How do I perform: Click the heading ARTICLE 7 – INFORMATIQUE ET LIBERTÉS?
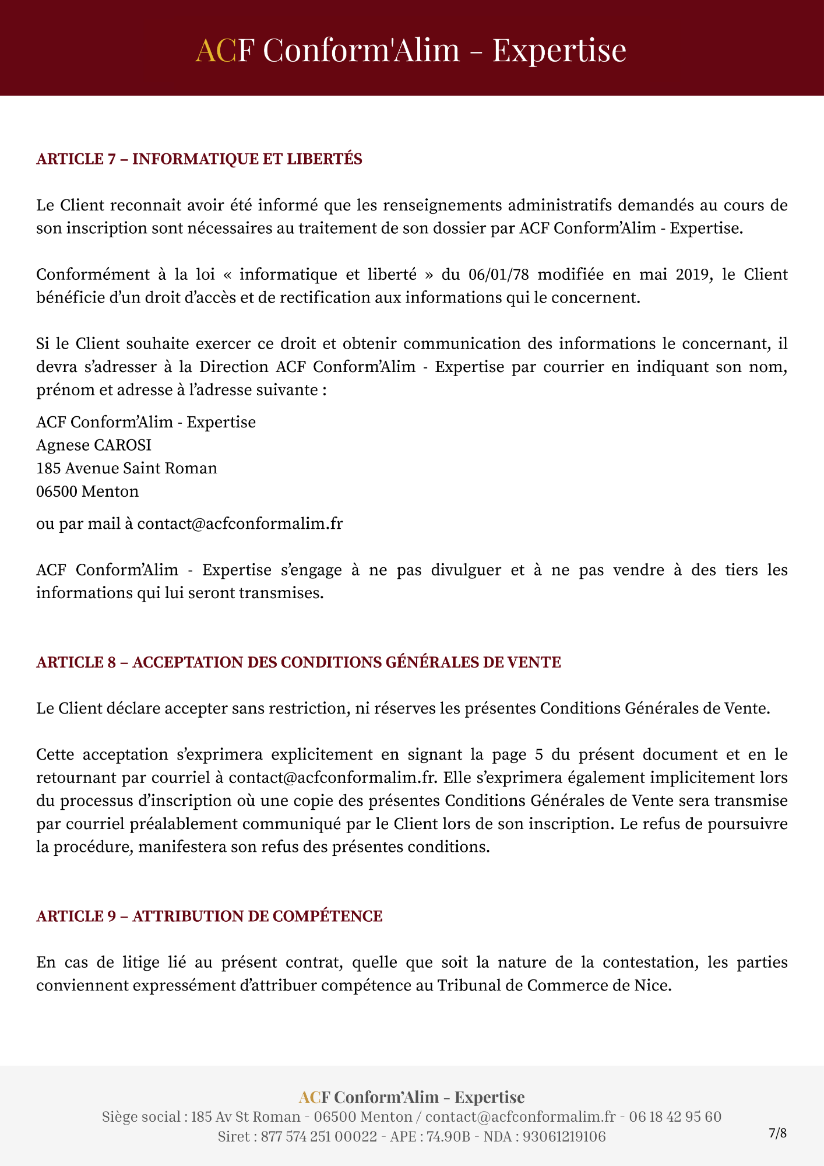point(199,159)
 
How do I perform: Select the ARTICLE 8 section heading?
point(298,662)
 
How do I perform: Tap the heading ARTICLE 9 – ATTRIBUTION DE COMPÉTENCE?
point(209,916)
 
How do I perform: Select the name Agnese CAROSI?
point(94,445)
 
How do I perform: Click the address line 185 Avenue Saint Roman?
point(126,468)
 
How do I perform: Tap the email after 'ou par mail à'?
point(240,524)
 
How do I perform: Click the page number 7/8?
point(777,1133)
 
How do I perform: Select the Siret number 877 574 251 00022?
point(319,1136)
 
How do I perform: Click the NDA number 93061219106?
point(564,1136)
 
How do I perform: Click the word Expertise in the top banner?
point(559,50)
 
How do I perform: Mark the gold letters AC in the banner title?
point(215,50)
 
